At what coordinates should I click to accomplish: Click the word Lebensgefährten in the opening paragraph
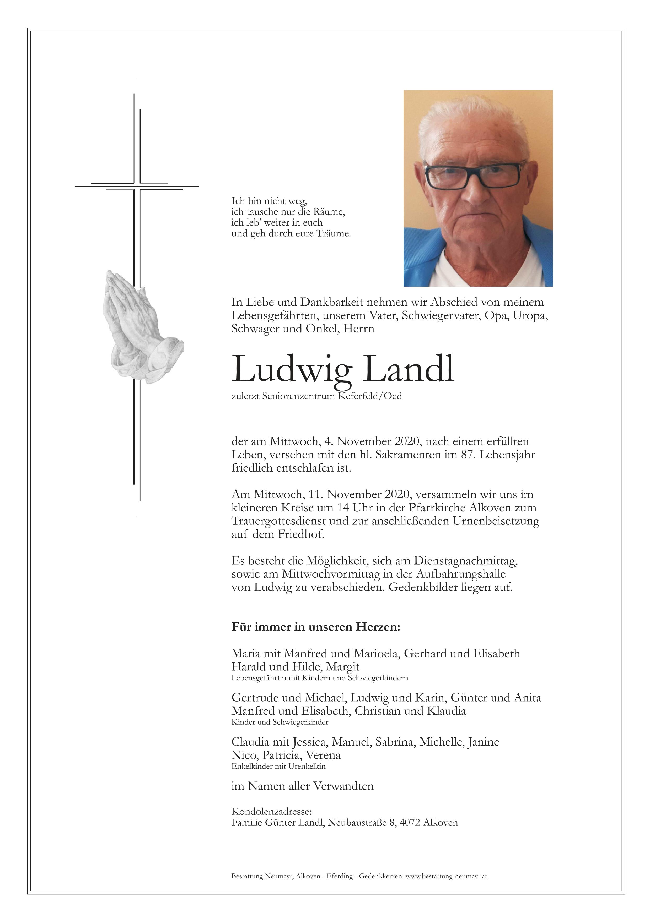[x=274, y=316]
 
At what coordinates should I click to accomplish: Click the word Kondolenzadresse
[x=271, y=812]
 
